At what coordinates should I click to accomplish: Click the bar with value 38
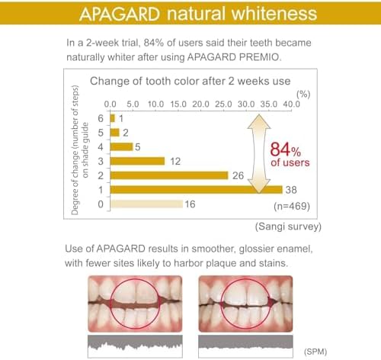tap(196, 189)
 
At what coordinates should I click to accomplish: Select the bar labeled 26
tap(168, 175)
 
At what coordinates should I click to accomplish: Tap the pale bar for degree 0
tap(146, 204)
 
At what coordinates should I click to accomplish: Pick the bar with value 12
tap(137, 160)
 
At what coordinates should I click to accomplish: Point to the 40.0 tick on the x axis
tap(290, 103)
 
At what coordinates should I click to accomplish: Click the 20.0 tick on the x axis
tap(200, 103)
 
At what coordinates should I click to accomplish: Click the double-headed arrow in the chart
tap(258, 153)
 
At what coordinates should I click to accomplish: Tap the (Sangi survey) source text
tap(287, 227)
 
